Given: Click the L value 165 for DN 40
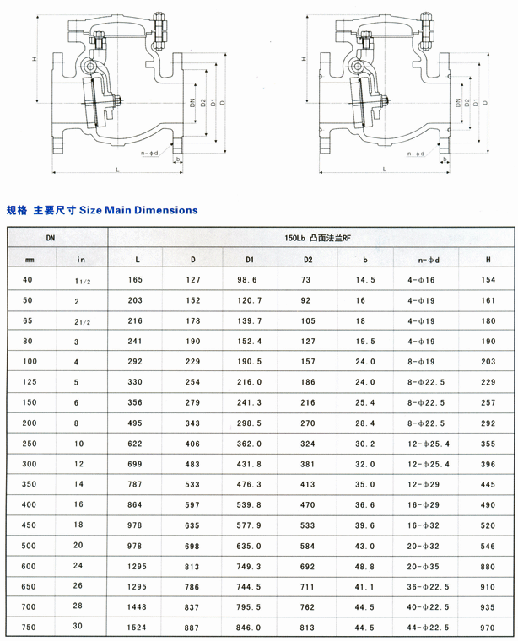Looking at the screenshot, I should coord(138,279).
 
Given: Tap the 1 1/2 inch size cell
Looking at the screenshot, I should coord(81,280).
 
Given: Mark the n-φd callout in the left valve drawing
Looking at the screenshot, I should coord(149,154).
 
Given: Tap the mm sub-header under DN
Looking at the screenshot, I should coord(30,259).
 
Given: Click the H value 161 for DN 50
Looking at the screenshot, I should coord(487,299).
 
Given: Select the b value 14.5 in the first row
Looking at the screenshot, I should coord(364,279).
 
